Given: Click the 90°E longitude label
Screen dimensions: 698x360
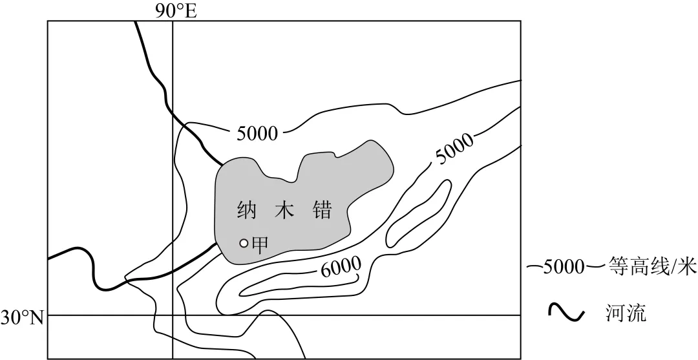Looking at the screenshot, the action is (175, 10).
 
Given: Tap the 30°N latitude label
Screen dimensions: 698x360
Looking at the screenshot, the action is (21, 317).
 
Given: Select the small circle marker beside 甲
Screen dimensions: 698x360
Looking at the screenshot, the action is (244, 243).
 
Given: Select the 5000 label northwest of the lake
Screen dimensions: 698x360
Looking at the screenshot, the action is (257, 134).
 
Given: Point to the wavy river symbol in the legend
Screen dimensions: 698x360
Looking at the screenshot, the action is (566, 314).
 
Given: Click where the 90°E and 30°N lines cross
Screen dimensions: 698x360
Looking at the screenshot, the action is (173, 315).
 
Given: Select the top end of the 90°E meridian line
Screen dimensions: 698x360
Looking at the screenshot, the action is (173, 22).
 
